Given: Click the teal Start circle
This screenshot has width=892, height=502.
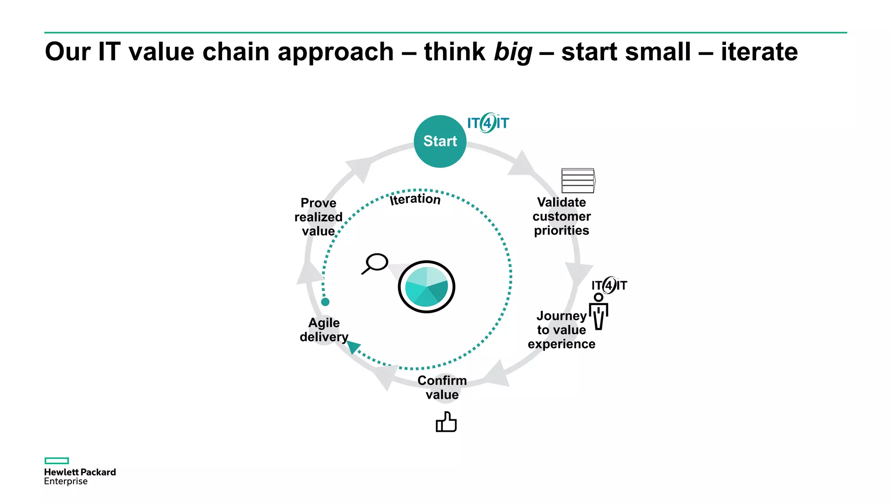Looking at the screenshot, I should pos(440,141).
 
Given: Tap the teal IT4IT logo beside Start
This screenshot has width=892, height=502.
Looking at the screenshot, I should pos(488,123).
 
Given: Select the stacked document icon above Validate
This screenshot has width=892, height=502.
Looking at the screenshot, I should pos(578,180).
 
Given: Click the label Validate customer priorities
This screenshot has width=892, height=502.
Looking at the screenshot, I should pos(561,216).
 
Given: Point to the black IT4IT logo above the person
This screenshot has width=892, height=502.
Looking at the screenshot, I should pos(609,285).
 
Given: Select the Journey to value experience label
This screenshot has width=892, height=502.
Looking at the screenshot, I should pos(561,330).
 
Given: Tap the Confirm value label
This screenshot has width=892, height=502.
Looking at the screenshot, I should pos(442,387).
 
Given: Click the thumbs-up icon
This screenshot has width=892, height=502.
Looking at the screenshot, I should pos(446,422).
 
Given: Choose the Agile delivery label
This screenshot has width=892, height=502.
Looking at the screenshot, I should pos(324,330).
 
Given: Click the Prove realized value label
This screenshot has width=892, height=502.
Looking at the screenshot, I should pos(318,217).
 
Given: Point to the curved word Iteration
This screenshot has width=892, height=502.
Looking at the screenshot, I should pos(415,199).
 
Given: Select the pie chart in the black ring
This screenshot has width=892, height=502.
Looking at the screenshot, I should pos(426,287).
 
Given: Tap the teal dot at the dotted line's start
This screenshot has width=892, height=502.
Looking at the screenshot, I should pos(325,302).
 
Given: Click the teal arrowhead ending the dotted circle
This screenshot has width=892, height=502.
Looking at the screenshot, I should pos(353,347).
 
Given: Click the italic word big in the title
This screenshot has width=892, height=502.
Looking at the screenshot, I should pos(513,52).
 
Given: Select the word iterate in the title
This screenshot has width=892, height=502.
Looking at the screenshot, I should pos(759,51).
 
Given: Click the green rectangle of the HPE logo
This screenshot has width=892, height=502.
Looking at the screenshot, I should pos(57,461).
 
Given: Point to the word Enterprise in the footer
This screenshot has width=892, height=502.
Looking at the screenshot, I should pos(66,482).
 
